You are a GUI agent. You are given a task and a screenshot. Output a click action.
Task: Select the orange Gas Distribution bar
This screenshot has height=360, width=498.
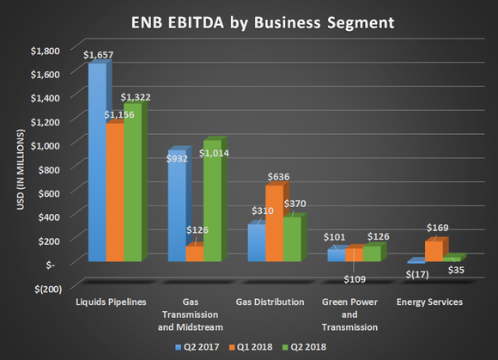[274, 223]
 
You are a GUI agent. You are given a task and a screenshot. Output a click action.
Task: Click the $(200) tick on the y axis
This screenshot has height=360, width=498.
[47, 288]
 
